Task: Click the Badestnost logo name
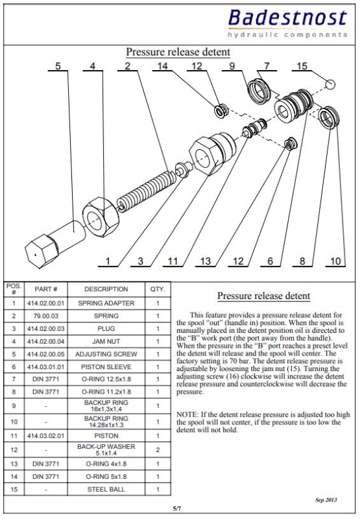pyautogui.click(x=287, y=18)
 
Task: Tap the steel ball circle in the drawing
pyautogui.click(x=330, y=84)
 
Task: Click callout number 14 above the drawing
pyautogui.click(x=162, y=66)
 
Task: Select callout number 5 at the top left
pyautogui.click(x=58, y=66)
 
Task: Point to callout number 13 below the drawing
pyautogui.click(x=205, y=261)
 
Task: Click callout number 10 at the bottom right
pyautogui.click(x=335, y=261)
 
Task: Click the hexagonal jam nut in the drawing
pyautogui.click(x=101, y=217)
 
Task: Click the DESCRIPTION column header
pyautogui.click(x=106, y=289)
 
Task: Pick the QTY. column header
pyautogui.click(x=158, y=289)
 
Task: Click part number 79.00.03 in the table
pyautogui.click(x=45, y=316)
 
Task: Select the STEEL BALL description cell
pyautogui.click(x=106, y=489)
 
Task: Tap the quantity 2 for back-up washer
pyautogui.click(x=158, y=450)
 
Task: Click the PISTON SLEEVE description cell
pyautogui.click(x=106, y=367)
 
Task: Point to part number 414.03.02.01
pyautogui.click(x=45, y=435)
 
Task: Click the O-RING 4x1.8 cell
pyautogui.click(x=106, y=464)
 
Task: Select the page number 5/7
pyautogui.click(x=177, y=508)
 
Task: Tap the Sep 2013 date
pyautogui.click(x=326, y=500)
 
